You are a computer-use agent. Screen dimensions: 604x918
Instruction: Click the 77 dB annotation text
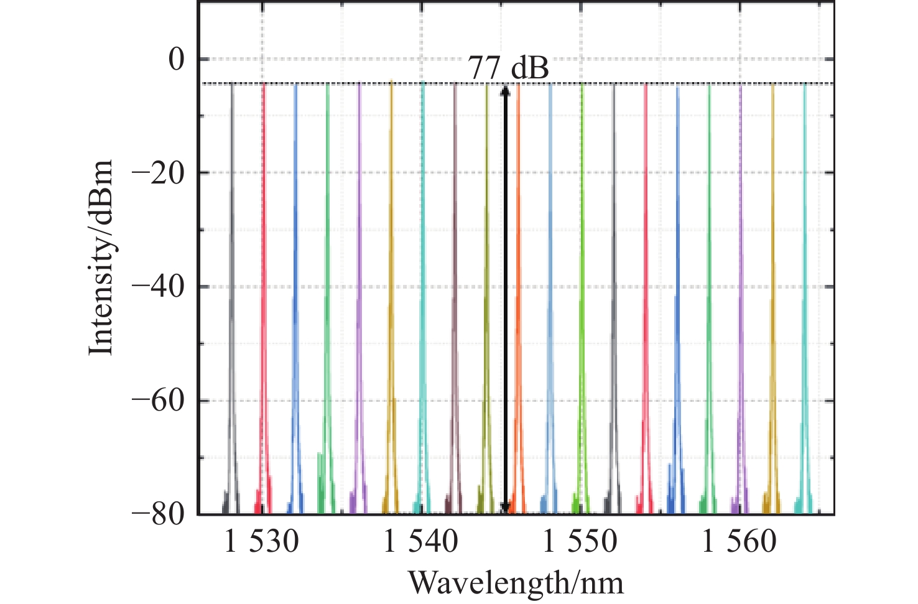(508, 68)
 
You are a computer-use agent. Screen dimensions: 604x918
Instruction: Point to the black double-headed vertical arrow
(505, 299)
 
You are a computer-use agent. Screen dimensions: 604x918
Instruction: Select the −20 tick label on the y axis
(159, 174)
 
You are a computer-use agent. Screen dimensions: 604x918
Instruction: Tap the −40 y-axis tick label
(159, 287)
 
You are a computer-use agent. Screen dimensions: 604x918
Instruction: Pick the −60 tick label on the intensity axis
(159, 401)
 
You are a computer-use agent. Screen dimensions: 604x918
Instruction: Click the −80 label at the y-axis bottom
(159, 515)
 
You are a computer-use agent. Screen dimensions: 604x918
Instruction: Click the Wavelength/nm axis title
(516, 583)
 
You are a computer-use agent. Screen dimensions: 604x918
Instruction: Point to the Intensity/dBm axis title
(101, 258)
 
